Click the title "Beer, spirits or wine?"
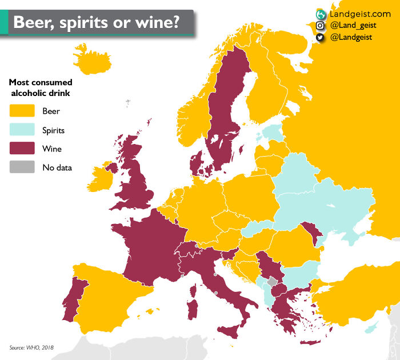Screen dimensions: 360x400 coord(96,22)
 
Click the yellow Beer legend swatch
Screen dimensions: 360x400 coord(22,111)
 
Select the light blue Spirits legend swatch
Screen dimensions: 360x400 coord(22,130)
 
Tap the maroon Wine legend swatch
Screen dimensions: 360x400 coord(22,149)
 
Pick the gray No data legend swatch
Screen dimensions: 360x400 coord(22,167)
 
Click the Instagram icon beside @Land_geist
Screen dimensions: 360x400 coord(320,25)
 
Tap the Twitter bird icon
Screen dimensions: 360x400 coord(320,37)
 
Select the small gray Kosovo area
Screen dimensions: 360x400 coord(272,282)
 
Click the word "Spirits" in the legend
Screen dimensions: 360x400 coord(53,130)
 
